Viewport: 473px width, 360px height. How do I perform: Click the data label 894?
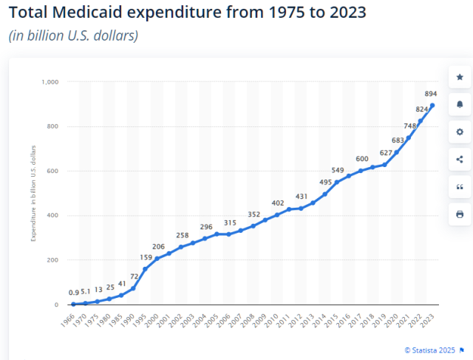(429, 94)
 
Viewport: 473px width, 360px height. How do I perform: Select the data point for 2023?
(432, 105)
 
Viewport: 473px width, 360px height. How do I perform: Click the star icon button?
(460, 77)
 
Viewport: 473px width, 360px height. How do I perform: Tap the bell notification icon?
(460, 104)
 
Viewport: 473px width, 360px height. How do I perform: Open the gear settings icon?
(460, 132)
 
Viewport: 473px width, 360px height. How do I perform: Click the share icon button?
(460, 159)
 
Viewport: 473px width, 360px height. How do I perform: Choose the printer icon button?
(460, 214)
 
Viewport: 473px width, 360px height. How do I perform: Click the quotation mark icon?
(460, 187)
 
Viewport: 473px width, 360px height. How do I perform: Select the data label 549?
(338, 171)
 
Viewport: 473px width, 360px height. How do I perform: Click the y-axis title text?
(33, 194)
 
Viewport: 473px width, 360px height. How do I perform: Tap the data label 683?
(398, 140)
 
